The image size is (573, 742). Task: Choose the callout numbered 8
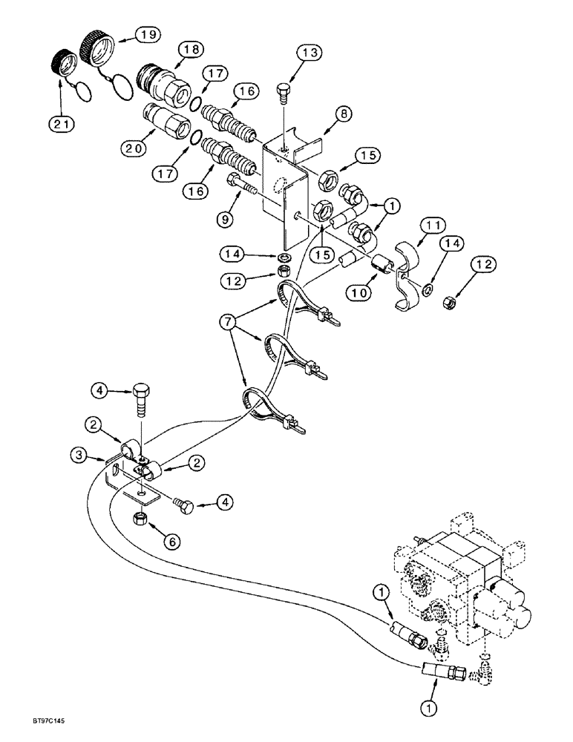point(344,115)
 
